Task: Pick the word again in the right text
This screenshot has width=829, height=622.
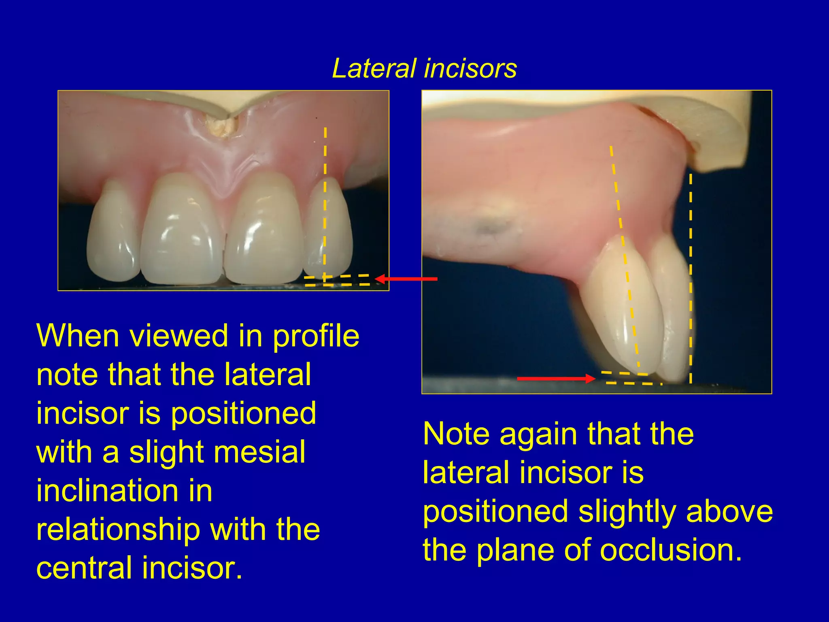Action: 538,434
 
